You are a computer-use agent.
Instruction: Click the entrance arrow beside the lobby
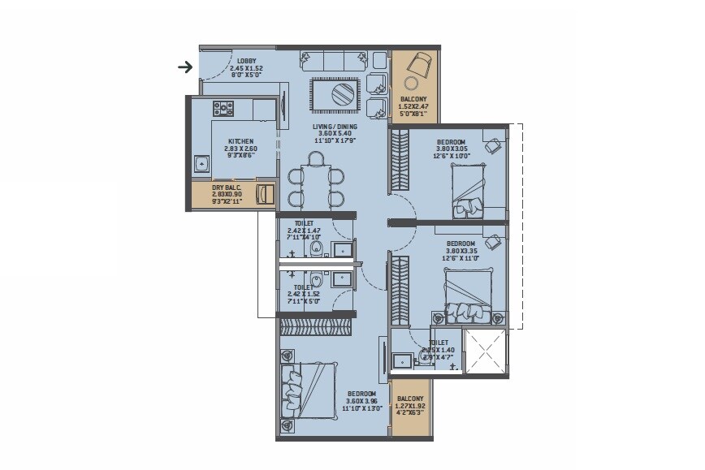186,67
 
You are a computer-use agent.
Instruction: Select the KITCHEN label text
240,141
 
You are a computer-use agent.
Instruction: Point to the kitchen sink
201,165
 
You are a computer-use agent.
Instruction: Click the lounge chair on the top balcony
421,63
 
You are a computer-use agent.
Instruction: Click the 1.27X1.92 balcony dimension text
411,406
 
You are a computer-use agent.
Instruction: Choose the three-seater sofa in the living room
332,61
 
